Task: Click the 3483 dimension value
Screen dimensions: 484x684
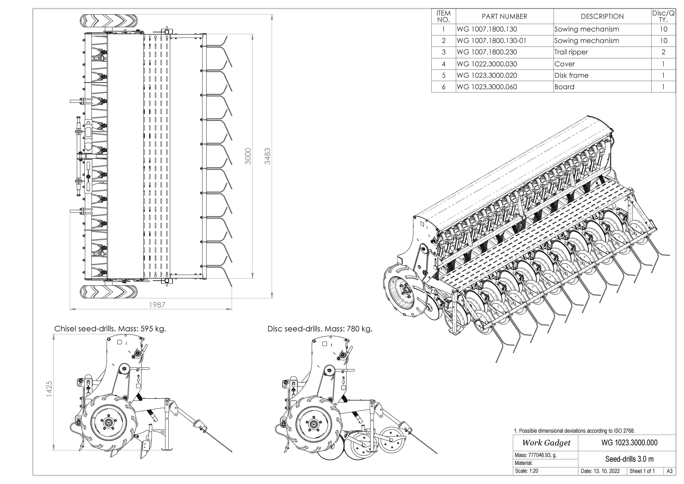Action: click(268, 156)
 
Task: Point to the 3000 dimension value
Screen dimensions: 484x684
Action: click(248, 156)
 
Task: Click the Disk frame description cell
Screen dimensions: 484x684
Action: click(571, 75)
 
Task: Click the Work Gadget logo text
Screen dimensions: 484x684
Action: click(546, 443)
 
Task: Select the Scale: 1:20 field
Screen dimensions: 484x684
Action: click(527, 471)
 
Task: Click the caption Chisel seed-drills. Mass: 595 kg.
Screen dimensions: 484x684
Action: click(110, 329)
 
